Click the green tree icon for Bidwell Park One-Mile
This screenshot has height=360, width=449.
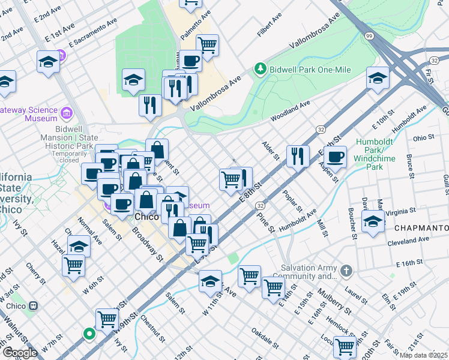click(260, 70)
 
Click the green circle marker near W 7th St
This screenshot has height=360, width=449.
click(89, 334)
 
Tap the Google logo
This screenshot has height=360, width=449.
click(20, 353)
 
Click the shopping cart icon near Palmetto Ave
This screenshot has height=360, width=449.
click(207, 46)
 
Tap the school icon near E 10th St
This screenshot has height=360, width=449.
click(378, 78)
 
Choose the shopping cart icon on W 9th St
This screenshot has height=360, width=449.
click(107, 319)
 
